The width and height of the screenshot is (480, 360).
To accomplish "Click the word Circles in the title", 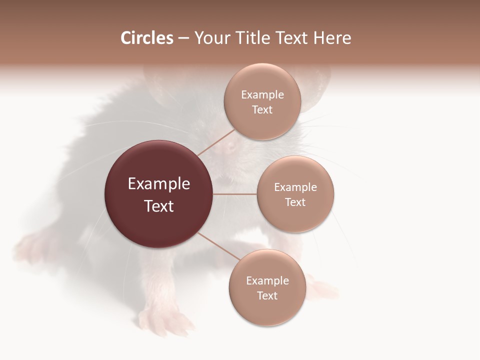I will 146,38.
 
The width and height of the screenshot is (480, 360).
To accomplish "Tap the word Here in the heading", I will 332,38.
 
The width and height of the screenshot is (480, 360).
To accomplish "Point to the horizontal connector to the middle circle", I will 235,194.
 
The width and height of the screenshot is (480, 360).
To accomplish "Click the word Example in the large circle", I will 159,184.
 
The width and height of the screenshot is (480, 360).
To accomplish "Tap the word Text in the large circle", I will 159,206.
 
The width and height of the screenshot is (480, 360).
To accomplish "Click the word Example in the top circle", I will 262,95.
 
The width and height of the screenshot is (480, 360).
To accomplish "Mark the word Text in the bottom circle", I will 267,295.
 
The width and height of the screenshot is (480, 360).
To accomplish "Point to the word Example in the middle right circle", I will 295,187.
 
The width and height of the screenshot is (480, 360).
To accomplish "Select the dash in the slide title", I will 183,38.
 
